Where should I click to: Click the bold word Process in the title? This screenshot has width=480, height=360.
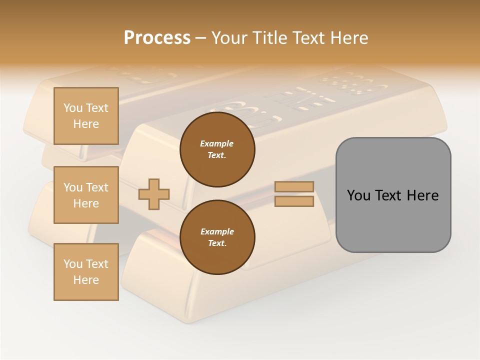157,38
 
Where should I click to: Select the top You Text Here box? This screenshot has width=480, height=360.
86,116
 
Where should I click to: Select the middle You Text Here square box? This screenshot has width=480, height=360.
86,195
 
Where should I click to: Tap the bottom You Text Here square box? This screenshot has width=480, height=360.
86,272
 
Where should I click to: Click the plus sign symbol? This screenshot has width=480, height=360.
154,194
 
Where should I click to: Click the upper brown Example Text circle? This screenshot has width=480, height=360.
217,149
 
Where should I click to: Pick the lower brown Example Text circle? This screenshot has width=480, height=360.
217,237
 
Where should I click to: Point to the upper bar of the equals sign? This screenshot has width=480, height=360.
294,186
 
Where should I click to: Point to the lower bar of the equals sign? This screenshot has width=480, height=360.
294,201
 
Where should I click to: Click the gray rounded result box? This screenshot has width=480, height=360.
393,195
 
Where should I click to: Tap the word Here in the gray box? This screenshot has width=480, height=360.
423,195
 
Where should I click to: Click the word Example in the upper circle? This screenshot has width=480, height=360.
217,143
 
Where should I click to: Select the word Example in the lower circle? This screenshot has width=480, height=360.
217,231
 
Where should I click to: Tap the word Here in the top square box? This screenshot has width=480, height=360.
86,124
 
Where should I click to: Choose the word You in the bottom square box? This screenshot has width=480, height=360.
73,264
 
